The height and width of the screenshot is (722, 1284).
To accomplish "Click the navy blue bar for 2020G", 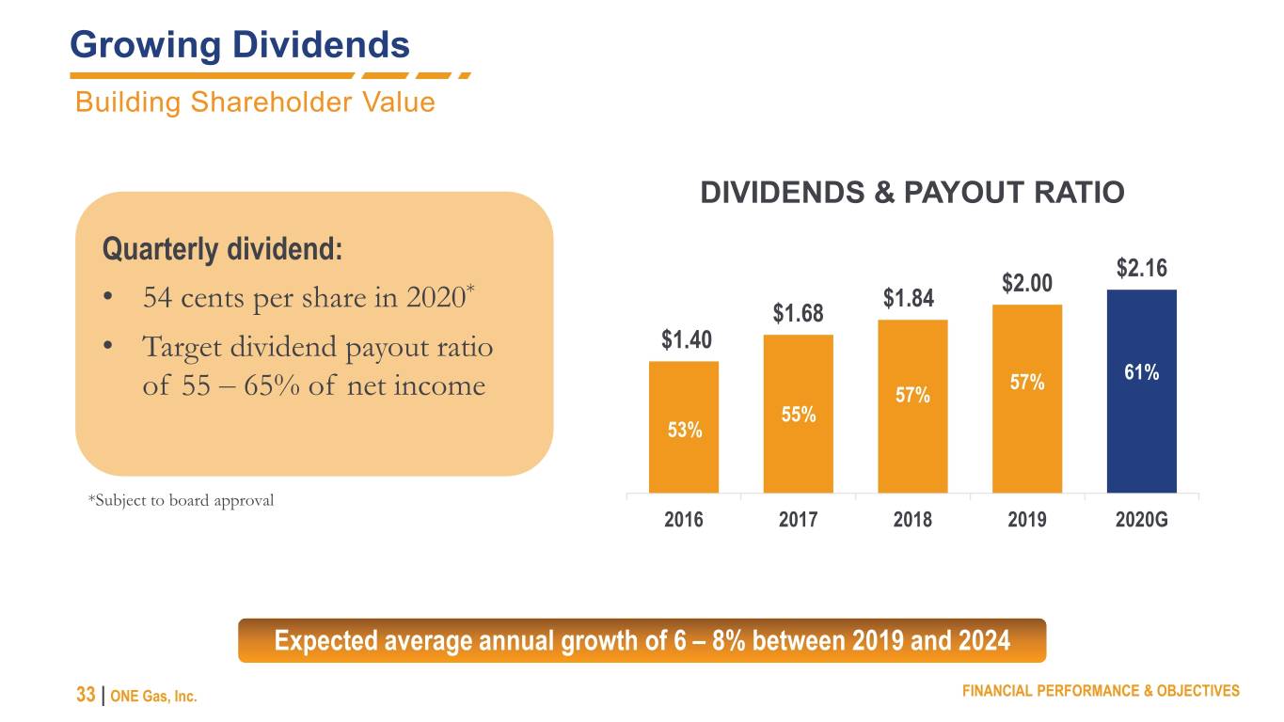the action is pyautogui.click(x=1141, y=391).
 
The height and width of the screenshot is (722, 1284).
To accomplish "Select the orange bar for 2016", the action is pyautogui.click(x=683, y=427).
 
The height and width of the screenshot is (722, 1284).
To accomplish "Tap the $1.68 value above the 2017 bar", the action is pyautogui.click(x=798, y=313).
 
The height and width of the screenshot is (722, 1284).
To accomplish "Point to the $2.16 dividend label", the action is pyautogui.click(x=1141, y=268).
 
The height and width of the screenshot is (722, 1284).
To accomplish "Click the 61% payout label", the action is pyautogui.click(x=1141, y=372).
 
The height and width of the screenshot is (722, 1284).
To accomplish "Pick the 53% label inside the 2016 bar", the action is pyautogui.click(x=685, y=430).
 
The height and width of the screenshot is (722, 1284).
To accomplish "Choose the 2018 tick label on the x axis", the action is pyautogui.click(x=912, y=520).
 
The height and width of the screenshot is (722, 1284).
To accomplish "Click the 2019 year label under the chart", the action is pyautogui.click(x=1027, y=520).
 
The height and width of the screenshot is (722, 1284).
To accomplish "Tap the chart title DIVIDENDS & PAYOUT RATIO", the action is pyautogui.click(x=912, y=192).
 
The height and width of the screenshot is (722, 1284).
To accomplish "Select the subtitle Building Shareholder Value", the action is pyautogui.click(x=255, y=102).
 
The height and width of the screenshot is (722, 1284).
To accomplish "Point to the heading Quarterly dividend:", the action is pyautogui.click(x=222, y=249).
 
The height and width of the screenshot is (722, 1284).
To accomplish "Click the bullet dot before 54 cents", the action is pyautogui.click(x=107, y=297).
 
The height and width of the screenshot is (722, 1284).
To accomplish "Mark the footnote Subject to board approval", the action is pyautogui.click(x=182, y=500).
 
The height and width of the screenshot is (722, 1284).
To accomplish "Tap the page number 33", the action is pyautogui.click(x=86, y=695).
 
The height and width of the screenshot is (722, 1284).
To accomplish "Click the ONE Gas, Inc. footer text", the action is pyautogui.click(x=153, y=697).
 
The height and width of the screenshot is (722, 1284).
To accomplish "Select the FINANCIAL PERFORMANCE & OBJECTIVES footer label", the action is pyautogui.click(x=1101, y=691).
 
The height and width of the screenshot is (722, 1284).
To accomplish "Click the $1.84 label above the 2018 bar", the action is pyautogui.click(x=909, y=299).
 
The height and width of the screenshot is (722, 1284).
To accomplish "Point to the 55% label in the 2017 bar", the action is pyautogui.click(x=799, y=415).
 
